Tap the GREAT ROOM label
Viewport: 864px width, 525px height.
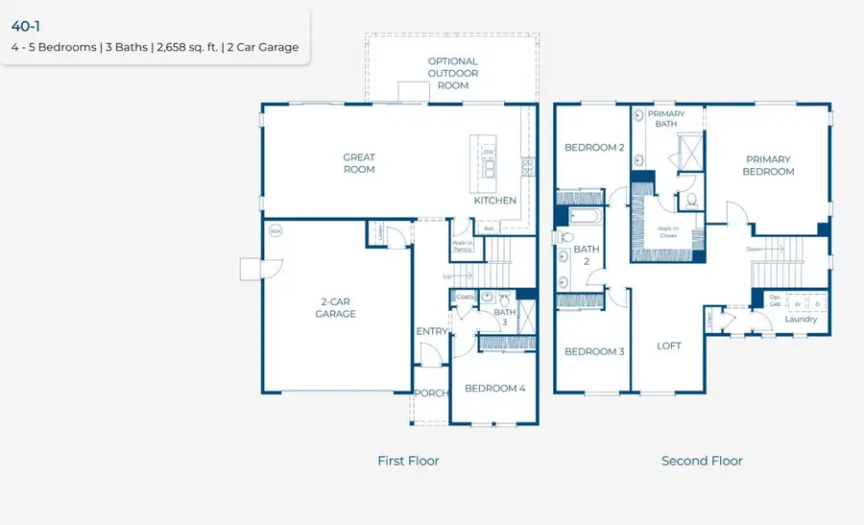pos(359,163)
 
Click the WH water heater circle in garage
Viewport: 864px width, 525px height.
pos(276,231)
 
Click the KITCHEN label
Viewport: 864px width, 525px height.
pos(495,201)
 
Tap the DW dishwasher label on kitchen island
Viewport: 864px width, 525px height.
pos(489,153)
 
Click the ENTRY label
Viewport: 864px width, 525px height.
pos(431,331)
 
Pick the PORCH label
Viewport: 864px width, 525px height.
pos(430,393)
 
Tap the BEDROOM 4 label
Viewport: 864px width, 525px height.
pos(494,389)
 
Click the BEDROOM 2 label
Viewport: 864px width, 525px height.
pos(594,148)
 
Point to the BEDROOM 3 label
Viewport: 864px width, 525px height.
pos(594,351)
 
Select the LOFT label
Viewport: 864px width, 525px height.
pos(669,346)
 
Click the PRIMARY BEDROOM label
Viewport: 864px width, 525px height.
pos(769,165)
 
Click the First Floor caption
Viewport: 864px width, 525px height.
pos(408,461)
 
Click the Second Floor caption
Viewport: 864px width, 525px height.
pos(702,461)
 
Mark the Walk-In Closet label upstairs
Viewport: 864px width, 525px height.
pos(668,232)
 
